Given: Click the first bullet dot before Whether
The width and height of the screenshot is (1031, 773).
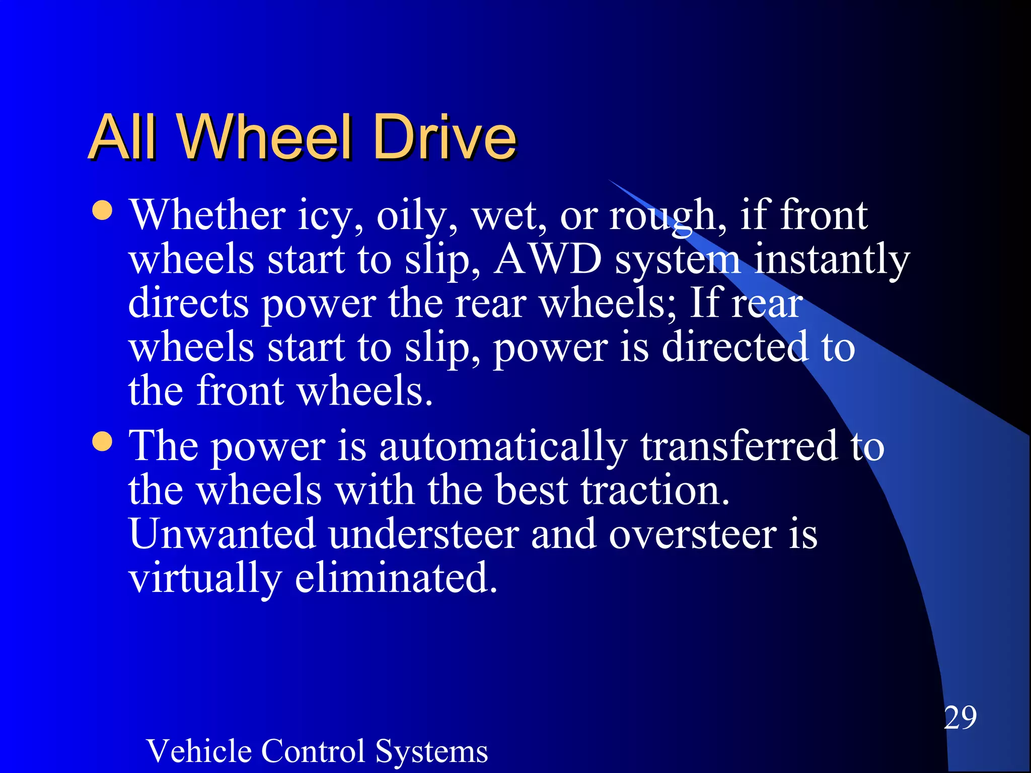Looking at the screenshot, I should (x=103, y=211).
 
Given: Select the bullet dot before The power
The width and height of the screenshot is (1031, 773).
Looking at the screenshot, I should (x=103, y=442).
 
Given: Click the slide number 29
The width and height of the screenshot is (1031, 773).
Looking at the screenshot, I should (x=960, y=718).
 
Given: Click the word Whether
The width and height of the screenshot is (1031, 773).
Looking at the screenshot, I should (x=208, y=215).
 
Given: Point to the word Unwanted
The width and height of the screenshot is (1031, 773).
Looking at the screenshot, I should (x=222, y=534).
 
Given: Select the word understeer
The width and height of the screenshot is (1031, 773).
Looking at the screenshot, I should (x=424, y=534).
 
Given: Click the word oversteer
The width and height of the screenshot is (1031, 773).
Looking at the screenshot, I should (x=692, y=534).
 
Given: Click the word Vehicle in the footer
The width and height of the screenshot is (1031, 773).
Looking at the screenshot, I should (x=199, y=751).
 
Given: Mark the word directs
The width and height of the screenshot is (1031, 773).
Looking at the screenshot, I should (x=188, y=304).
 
